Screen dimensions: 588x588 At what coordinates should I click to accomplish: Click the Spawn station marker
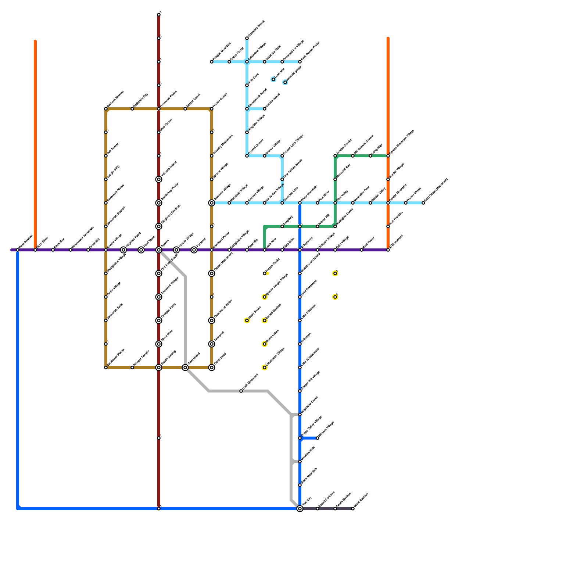coord(159,250)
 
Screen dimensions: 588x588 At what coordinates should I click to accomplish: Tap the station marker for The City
coord(300,509)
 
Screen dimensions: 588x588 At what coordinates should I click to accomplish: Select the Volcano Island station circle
coord(159,179)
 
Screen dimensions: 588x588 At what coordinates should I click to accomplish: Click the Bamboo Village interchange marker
coord(212,203)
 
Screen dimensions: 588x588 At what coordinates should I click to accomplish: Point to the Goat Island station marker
coord(185,367)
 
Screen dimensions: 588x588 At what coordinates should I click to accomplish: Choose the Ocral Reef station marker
coord(212,367)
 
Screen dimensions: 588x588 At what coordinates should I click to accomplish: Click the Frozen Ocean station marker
coord(212,109)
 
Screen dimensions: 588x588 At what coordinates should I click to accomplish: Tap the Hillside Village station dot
coord(318,438)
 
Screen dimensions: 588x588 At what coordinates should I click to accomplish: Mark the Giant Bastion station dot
coord(353,509)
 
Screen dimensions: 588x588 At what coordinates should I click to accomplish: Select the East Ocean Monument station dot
coord(423,203)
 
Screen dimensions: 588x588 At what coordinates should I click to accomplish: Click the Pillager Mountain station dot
coord(212,62)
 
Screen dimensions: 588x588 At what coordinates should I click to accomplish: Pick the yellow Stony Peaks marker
coord(247,320)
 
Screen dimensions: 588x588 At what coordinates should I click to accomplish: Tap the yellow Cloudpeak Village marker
coord(265,367)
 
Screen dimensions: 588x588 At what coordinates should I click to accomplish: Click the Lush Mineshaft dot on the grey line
coord(241,391)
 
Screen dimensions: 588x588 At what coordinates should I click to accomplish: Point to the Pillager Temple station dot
coord(132,367)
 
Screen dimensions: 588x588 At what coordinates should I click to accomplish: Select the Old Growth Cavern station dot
coord(353,156)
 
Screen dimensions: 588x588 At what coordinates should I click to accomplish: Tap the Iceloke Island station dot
coord(265,109)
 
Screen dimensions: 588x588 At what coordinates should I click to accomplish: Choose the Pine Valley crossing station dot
coord(335,203)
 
